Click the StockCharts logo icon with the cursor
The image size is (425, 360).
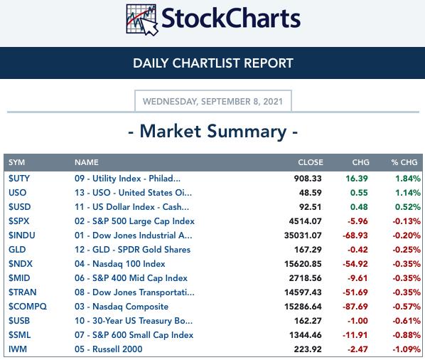141,19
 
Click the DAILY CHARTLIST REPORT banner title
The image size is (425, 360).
213,63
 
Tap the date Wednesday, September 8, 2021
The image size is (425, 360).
212,102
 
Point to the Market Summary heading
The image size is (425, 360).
213,132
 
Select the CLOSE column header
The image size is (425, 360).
311,162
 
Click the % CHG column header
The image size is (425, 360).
404,162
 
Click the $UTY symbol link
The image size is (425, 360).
19,179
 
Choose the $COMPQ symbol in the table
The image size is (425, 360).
28,307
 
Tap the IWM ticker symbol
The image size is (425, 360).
18,349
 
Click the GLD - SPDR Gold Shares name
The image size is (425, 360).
132,250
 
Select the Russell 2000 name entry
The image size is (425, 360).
109,349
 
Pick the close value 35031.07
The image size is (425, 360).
303,235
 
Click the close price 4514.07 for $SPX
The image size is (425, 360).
305,221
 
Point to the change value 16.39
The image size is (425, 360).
357,179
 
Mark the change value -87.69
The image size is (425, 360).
355,307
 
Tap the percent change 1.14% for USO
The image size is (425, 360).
408,193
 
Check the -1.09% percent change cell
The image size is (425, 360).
407,349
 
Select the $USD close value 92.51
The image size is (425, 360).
311,207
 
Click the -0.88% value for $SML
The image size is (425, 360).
407,335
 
